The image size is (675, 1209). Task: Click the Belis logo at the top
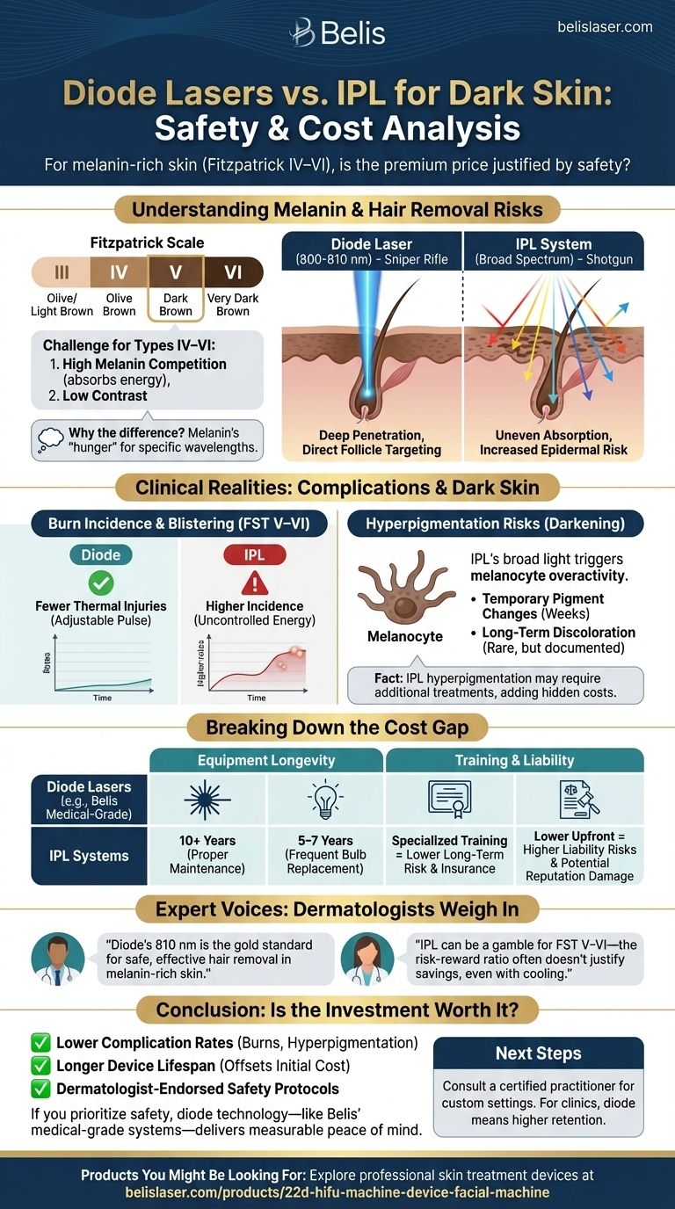coord(337,33)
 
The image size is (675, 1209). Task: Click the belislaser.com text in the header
coord(605,27)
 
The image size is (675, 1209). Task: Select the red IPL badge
coord(256,555)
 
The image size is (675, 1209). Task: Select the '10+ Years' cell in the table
coord(207,854)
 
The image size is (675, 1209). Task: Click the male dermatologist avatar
coord(52,959)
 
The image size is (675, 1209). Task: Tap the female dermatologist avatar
coord(363,959)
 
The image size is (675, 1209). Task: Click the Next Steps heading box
coord(538,1053)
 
